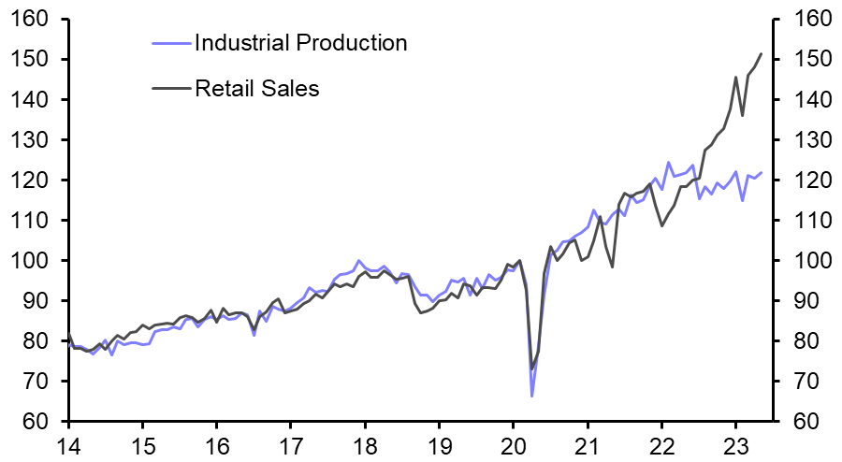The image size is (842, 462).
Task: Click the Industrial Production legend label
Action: click(300, 42)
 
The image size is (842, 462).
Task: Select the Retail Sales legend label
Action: click(257, 89)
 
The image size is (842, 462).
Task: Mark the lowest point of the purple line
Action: click(531, 397)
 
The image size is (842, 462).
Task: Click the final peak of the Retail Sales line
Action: click(761, 53)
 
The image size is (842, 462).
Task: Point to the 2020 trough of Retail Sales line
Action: click(531, 369)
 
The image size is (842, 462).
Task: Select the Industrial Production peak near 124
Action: click(668, 163)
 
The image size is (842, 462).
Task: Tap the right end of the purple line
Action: click(761, 172)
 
